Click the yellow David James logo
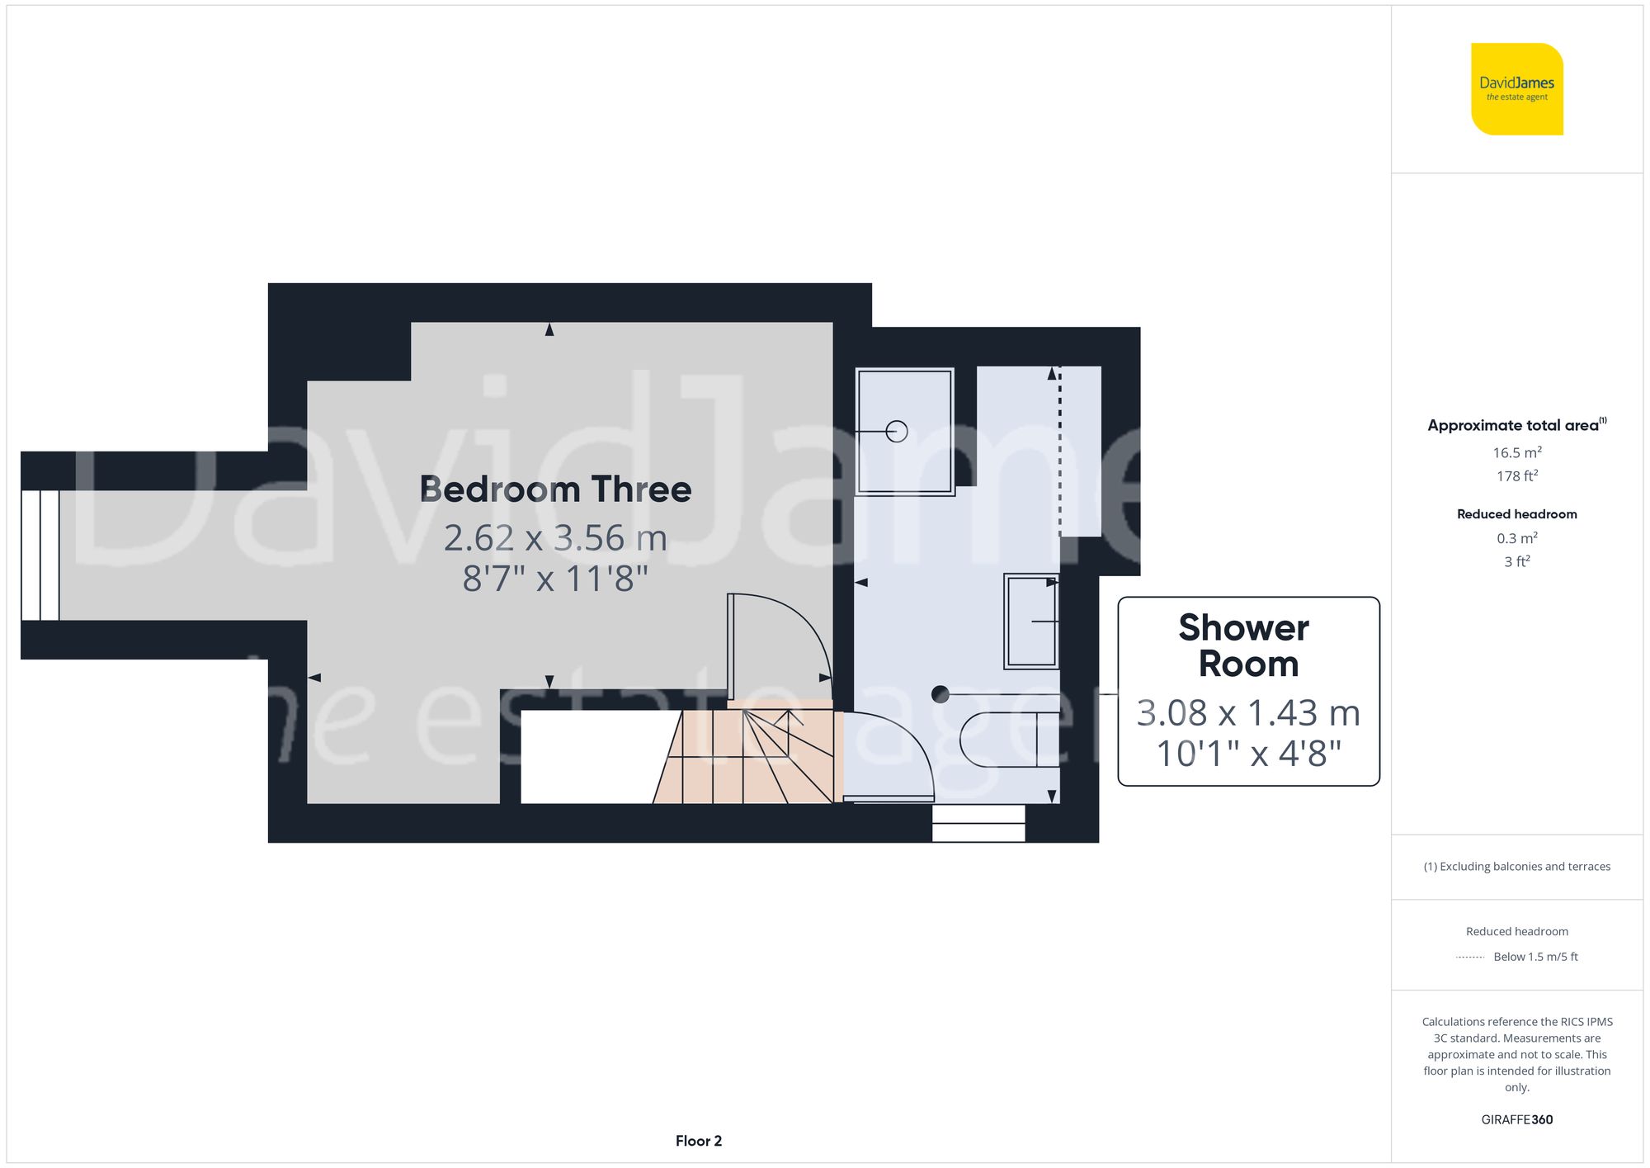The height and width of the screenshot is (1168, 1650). pyautogui.click(x=1516, y=89)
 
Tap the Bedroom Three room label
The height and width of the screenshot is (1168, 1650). pyautogui.click(x=555, y=489)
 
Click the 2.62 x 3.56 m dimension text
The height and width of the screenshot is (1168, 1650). pyautogui.click(x=555, y=538)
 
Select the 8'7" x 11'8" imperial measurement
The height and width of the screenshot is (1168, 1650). pyautogui.click(x=555, y=579)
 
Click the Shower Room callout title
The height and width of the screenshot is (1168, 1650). pyautogui.click(x=1247, y=645)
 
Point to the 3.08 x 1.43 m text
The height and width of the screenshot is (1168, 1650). pyautogui.click(x=1247, y=713)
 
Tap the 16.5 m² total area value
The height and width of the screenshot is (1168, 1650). pyautogui.click(x=1516, y=452)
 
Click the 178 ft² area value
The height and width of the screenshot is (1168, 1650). pyautogui.click(x=1516, y=476)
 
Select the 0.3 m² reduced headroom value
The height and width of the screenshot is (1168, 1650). pyautogui.click(x=1516, y=538)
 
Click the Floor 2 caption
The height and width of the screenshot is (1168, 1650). pyautogui.click(x=698, y=1141)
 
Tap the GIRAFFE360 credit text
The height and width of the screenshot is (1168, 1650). pyautogui.click(x=1516, y=1120)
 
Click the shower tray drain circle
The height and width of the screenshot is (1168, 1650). pyautogui.click(x=897, y=431)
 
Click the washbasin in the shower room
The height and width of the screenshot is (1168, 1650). pyautogui.click(x=1031, y=621)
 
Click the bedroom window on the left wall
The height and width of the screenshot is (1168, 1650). pyautogui.click(x=40, y=555)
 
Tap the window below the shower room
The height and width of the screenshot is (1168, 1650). pyautogui.click(x=978, y=823)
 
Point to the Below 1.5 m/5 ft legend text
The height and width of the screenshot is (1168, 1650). pyautogui.click(x=1534, y=957)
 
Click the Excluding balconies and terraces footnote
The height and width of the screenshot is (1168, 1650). pyautogui.click(x=1516, y=867)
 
